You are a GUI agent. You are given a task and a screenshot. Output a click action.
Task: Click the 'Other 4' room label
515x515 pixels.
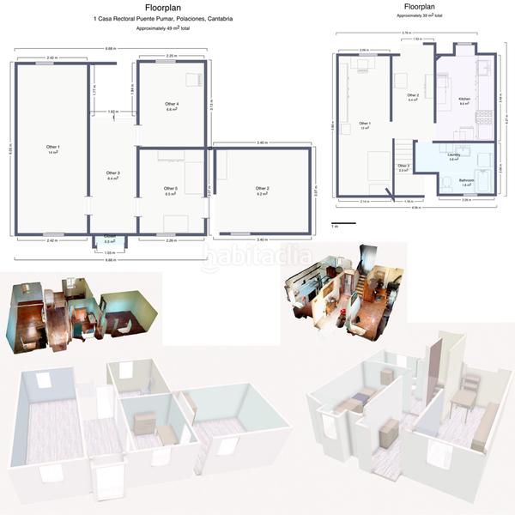tap(172, 106)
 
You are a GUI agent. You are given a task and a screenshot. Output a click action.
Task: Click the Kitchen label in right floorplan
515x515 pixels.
tap(464, 100)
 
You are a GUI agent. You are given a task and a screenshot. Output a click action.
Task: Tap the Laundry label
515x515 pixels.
tap(454, 157)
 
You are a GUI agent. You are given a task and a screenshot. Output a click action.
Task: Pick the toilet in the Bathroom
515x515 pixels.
tap(446, 183)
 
